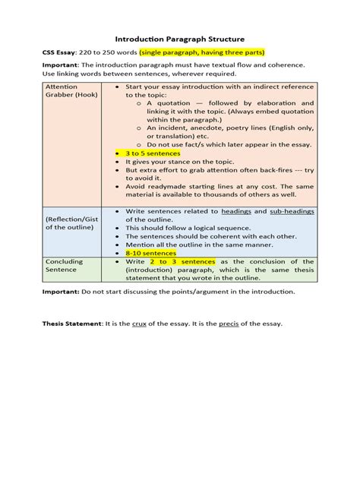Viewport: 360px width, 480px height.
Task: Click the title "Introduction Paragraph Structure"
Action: [x=179, y=37]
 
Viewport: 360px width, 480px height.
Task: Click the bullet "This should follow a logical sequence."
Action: [x=188, y=228]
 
